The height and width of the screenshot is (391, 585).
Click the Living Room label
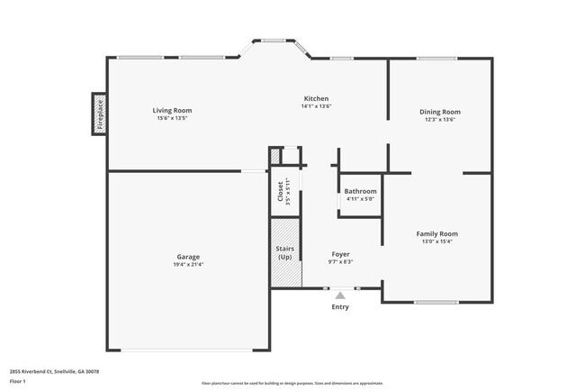(172, 111)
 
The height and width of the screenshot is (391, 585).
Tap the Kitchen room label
(316, 98)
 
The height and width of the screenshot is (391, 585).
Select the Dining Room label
(439, 112)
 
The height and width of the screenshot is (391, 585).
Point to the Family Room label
(436, 233)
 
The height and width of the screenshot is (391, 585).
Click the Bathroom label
(360, 191)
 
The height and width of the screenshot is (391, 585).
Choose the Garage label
(188, 257)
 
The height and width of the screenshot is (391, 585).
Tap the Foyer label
(340, 254)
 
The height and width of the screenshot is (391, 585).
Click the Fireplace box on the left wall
(100, 114)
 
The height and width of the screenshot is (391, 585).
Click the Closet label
(280, 190)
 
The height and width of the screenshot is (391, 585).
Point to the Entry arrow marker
(340, 295)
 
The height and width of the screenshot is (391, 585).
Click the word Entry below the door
(340, 307)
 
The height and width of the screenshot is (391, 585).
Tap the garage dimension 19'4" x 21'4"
(188, 265)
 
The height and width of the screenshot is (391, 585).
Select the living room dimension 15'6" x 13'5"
(172, 119)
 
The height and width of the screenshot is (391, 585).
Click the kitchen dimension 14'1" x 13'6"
(316, 106)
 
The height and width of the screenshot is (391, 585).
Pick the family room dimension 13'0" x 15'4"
(436, 241)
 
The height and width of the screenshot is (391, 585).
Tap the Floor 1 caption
(18, 381)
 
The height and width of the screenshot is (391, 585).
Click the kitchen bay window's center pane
(274, 40)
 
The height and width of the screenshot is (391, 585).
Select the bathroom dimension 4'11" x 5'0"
(360, 199)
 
